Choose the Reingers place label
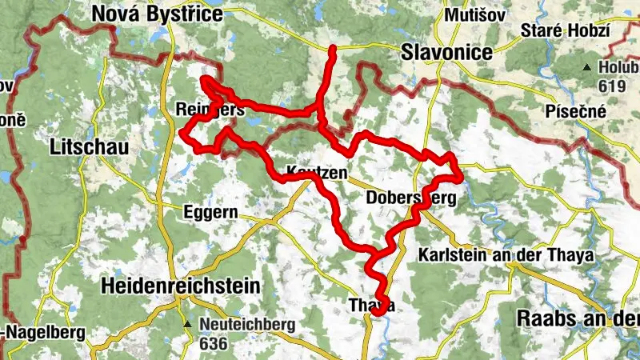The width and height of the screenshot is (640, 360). click(x=210, y=109)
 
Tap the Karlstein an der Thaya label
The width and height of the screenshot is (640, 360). click(x=506, y=256)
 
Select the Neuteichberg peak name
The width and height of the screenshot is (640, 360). click(x=247, y=325)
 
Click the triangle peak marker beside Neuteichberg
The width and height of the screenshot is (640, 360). click(x=186, y=325)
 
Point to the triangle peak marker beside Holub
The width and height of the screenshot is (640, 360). click(x=588, y=67)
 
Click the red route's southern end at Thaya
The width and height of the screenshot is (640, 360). click(x=375, y=314)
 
